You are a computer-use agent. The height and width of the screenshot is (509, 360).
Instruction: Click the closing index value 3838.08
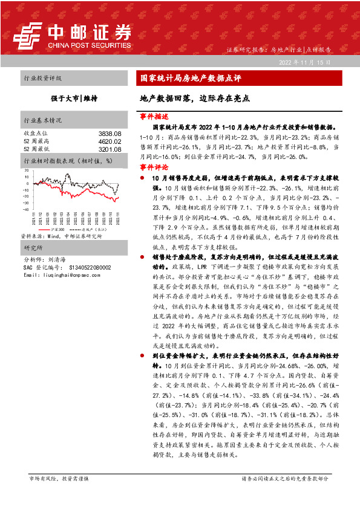(110, 133)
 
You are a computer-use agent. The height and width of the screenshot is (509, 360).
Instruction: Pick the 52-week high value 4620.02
(110, 141)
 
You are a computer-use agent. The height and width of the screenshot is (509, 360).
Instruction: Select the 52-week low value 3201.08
(110, 149)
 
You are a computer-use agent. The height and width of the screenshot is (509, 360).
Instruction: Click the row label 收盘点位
(34, 133)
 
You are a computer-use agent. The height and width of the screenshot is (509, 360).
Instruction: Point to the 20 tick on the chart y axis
(27, 170)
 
